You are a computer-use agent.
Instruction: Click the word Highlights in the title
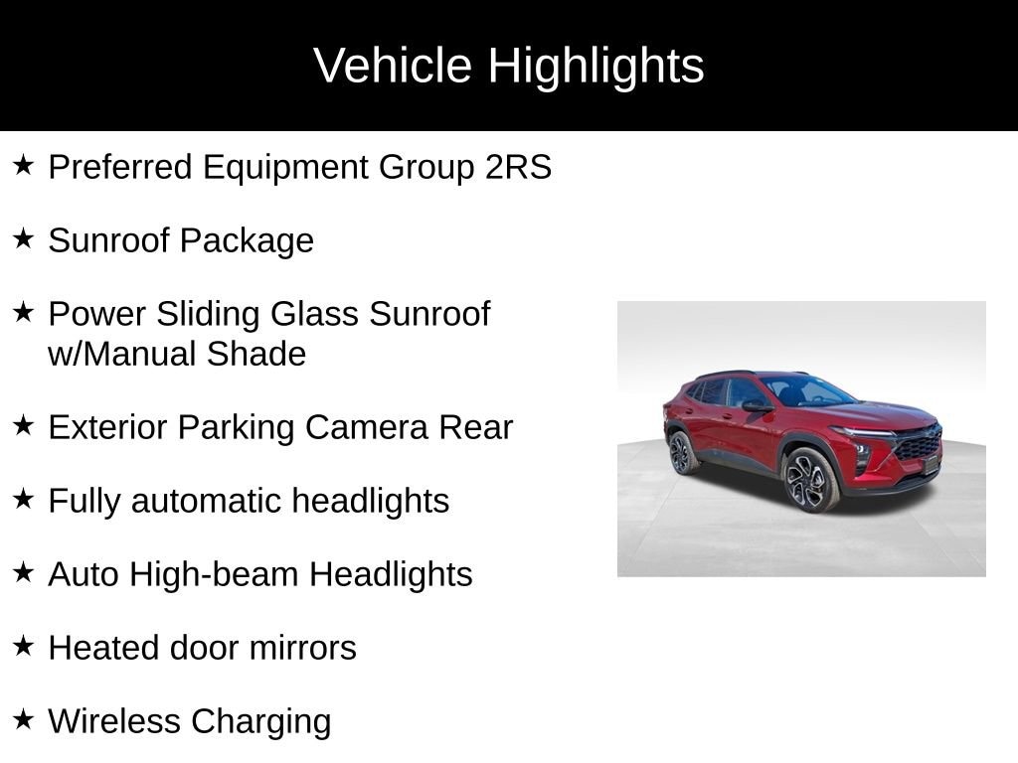595,67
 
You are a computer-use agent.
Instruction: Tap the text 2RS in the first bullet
518,167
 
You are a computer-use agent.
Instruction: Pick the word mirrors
302,648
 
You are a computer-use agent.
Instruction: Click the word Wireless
114,721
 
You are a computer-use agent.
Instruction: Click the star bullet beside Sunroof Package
24,238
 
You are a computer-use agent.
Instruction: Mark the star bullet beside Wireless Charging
24,719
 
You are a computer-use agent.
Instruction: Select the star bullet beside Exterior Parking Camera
24,425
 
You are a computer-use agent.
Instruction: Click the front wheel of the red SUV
810,479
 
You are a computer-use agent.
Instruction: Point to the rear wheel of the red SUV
681,453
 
